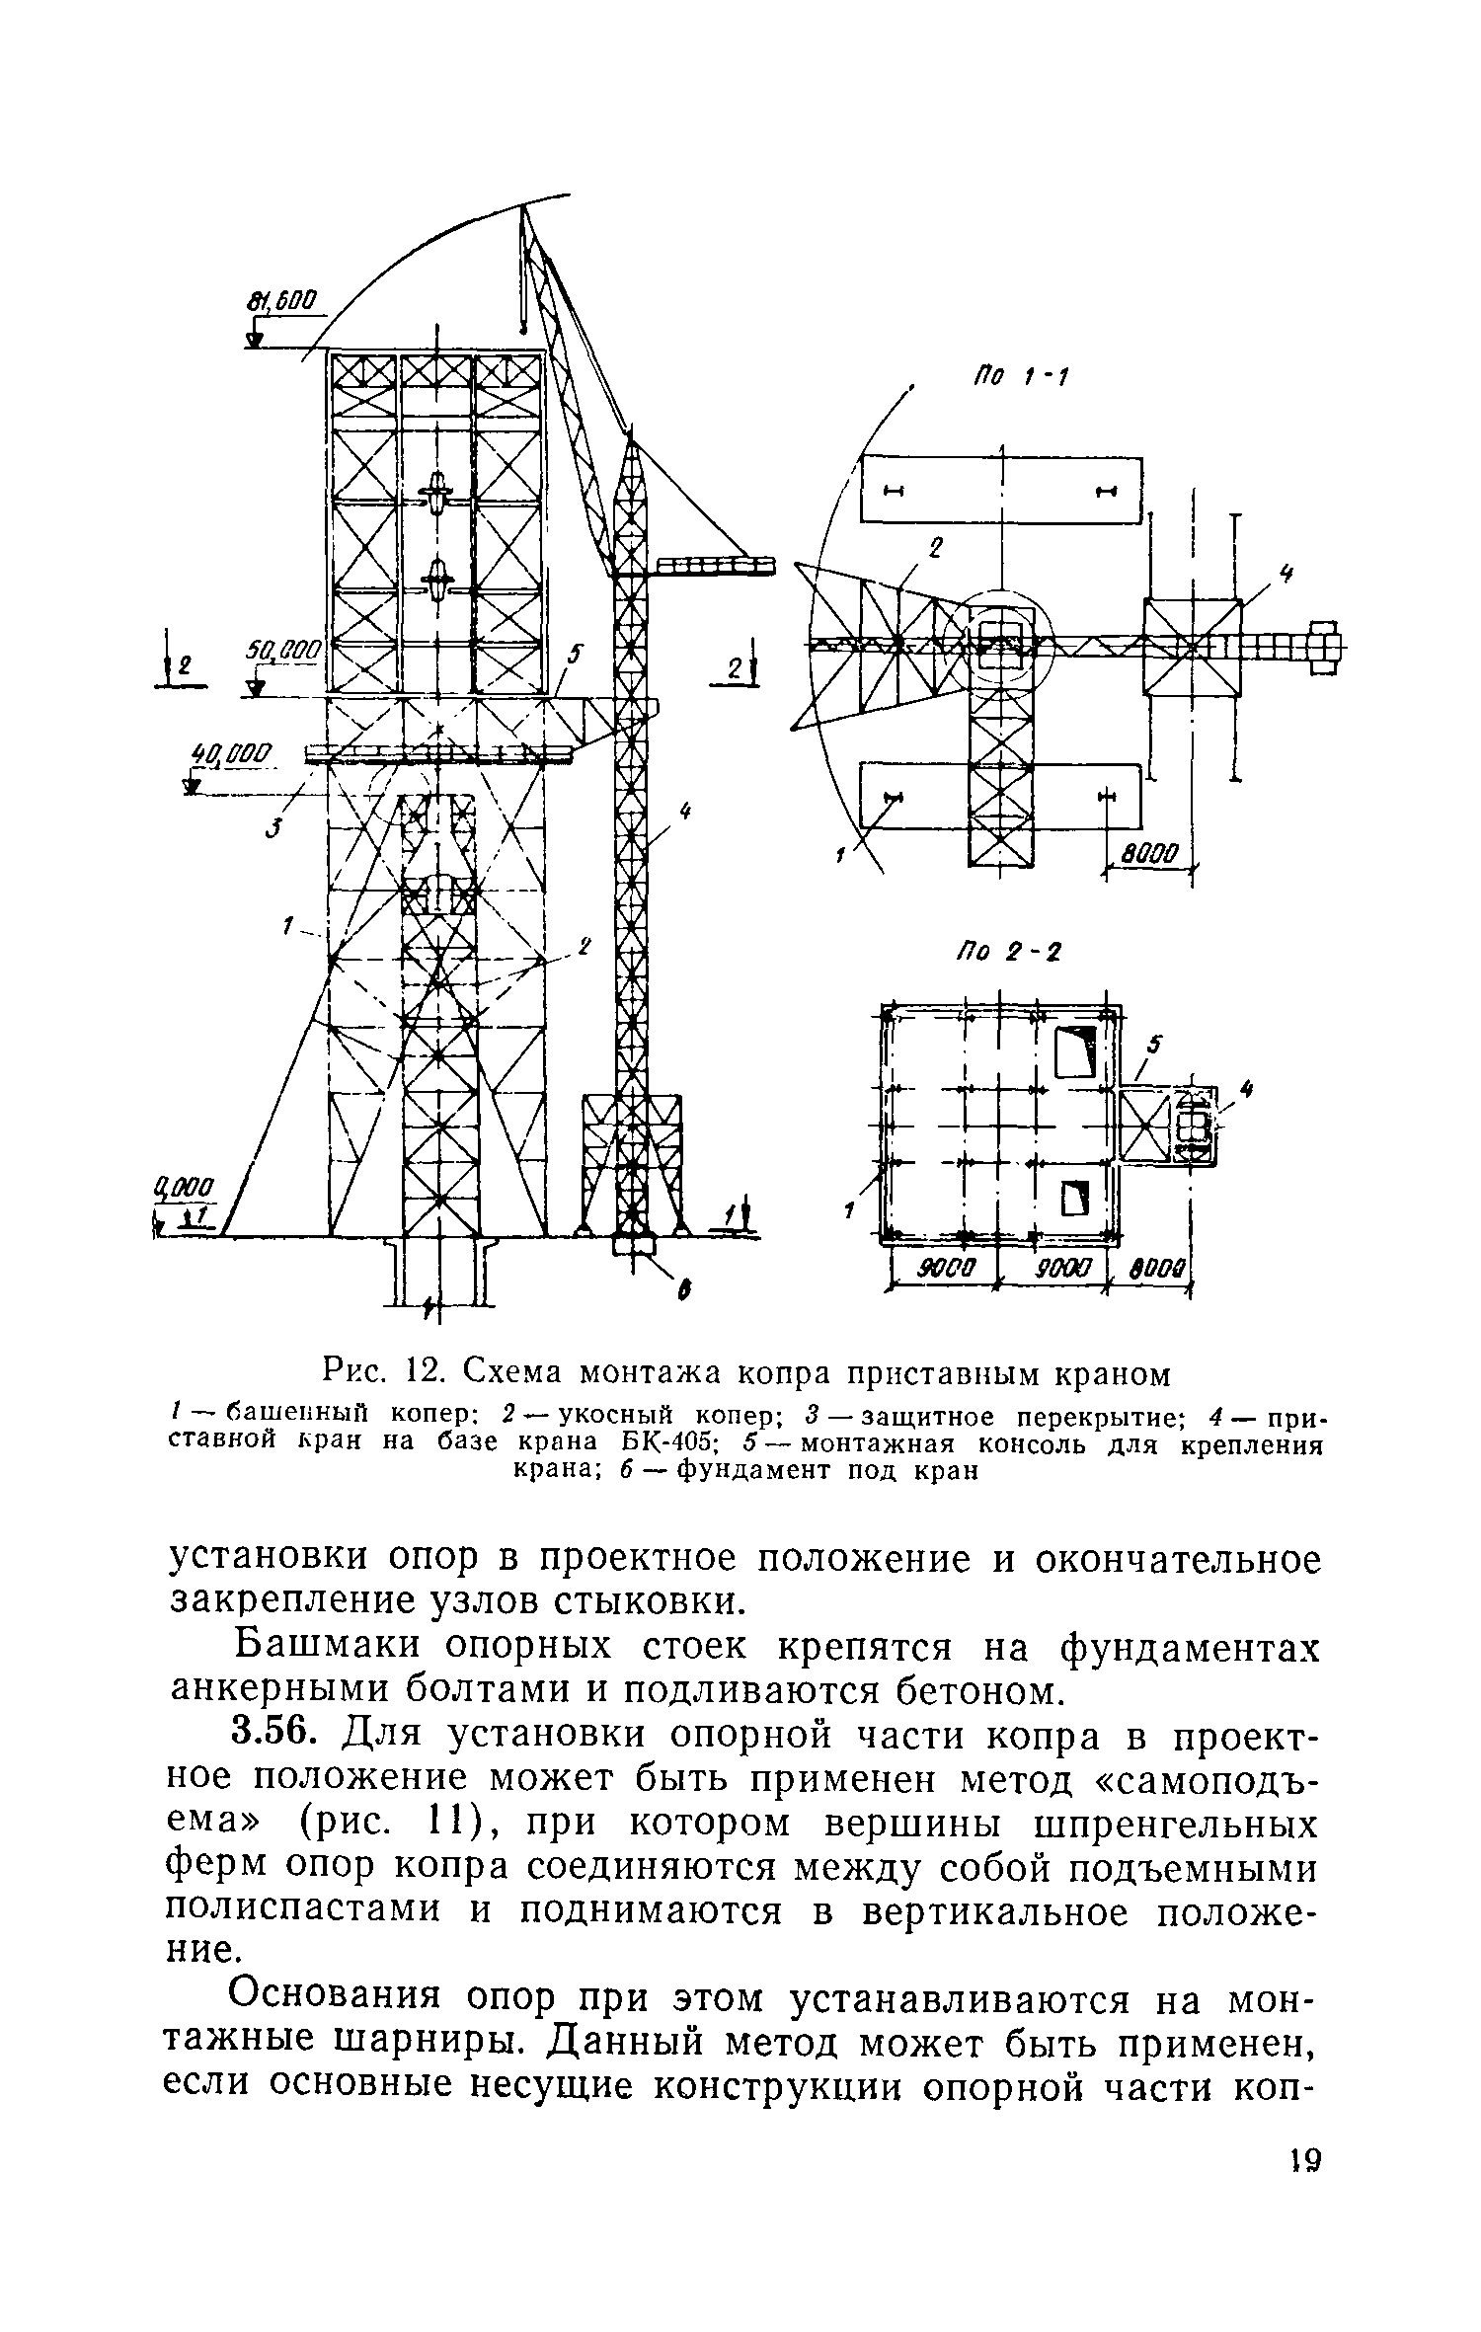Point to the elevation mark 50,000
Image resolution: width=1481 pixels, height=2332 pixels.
(x=285, y=651)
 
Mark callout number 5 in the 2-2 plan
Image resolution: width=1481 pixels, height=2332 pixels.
(x=1155, y=1044)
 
